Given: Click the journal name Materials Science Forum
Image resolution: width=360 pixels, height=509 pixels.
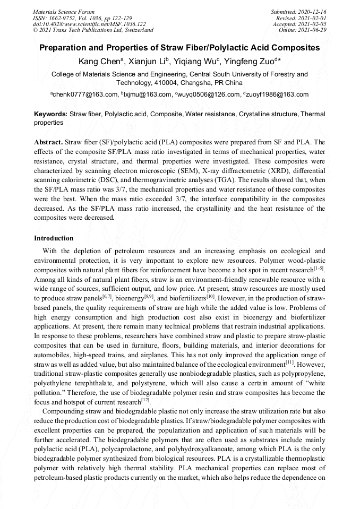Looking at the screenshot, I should (64, 12).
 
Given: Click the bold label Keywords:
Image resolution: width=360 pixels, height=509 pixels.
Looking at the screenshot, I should (51, 114).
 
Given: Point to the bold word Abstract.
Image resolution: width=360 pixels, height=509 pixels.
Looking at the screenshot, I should (48, 143).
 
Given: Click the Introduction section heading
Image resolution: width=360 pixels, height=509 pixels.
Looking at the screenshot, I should (54, 238).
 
